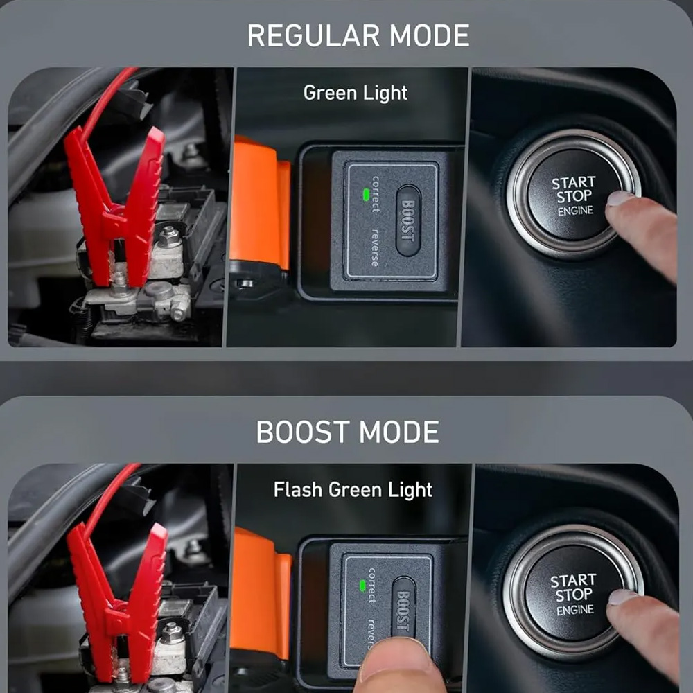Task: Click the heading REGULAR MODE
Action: coord(358,35)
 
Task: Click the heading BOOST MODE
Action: coord(347,432)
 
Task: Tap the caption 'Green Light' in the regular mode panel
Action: coord(356,94)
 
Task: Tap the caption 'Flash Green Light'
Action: coord(353,490)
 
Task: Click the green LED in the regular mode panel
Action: coord(365,195)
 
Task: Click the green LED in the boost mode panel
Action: coord(362,586)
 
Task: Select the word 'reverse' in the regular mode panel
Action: coord(375,248)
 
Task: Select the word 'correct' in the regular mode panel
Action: coord(375,193)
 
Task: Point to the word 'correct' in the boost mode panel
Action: coord(372,586)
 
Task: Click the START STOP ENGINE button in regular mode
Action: coord(573,195)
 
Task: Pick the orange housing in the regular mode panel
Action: coord(260,203)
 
